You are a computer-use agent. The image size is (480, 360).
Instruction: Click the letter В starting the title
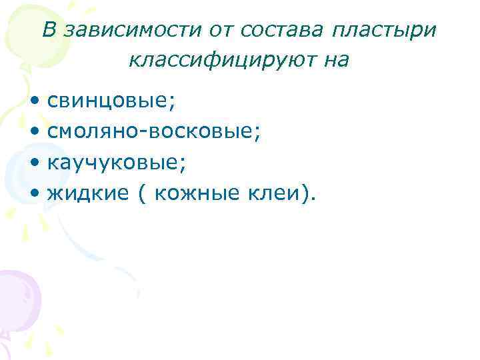[x=49, y=29]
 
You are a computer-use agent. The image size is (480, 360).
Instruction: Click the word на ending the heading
[x=337, y=61]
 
